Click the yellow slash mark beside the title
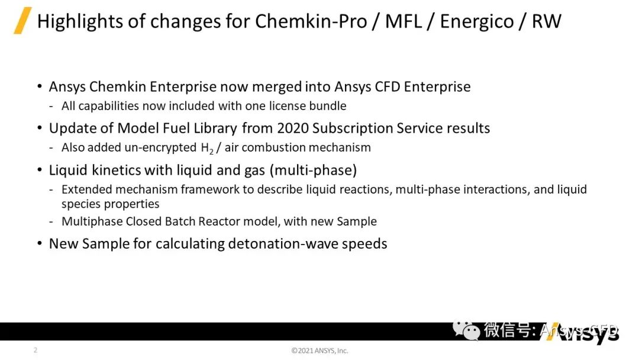(x=22, y=21)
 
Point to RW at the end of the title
(x=546, y=21)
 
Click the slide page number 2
(x=35, y=350)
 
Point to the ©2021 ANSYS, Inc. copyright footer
(x=319, y=351)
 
